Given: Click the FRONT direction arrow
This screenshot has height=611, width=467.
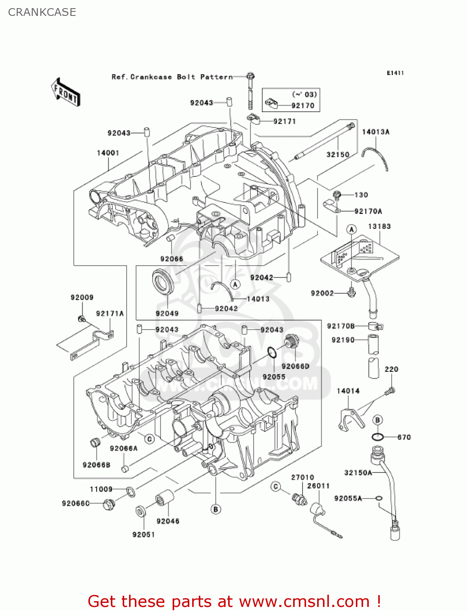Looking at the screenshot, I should click(65, 92).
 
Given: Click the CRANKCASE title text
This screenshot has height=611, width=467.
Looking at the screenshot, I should click(42, 12).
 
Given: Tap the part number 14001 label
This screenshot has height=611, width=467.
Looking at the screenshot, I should click(108, 153).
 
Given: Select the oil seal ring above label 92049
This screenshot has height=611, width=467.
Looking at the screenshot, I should click(163, 282).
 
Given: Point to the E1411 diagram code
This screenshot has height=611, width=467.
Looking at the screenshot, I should click(395, 73).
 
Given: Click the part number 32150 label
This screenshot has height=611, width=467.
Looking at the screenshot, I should click(338, 154).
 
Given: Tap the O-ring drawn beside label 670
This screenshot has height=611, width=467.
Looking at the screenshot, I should click(377, 437).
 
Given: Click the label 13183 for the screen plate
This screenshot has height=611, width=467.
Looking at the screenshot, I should click(379, 226).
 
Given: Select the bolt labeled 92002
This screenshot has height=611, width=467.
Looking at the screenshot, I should click(351, 292).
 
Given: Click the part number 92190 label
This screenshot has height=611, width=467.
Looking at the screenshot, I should click(343, 340).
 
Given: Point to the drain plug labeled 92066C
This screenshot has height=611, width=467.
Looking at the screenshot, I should click(108, 504).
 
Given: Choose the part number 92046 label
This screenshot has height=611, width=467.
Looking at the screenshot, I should click(168, 521).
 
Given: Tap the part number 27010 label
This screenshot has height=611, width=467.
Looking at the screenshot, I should click(303, 477).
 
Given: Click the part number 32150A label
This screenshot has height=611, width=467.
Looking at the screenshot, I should click(358, 473).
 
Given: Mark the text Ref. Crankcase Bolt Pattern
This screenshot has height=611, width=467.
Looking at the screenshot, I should click(172, 77).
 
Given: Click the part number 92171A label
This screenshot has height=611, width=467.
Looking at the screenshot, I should click(110, 313).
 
